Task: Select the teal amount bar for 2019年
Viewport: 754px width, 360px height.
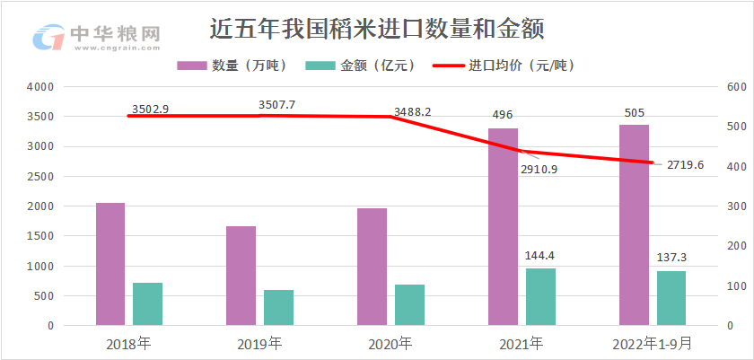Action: [278, 307]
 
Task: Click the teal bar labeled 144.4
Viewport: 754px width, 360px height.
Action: [540, 296]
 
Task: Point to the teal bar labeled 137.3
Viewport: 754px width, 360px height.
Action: [671, 298]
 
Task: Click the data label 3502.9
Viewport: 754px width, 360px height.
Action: [150, 110]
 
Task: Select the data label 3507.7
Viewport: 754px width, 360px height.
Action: [276, 105]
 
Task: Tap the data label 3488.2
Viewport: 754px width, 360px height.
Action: [413, 112]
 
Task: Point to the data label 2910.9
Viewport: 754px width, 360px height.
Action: [539, 169]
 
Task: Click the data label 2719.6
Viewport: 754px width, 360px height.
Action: [686, 164]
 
